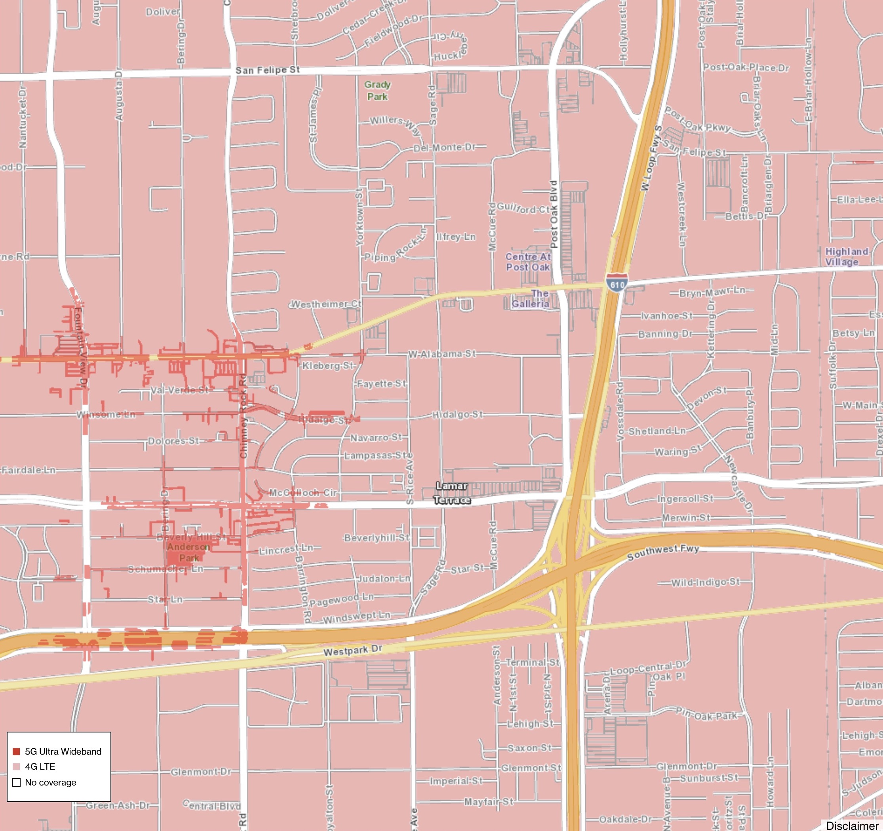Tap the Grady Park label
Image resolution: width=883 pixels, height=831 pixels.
pyautogui.click(x=377, y=91)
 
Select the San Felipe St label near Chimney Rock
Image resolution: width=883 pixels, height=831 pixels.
pyautogui.click(x=267, y=70)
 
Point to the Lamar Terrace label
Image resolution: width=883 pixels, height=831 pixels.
pyautogui.click(x=452, y=493)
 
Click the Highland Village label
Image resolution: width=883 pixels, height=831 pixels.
pyautogui.click(x=847, y=256)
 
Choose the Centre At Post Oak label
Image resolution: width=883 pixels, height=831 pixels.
pyautogui.click(x=528, y=262)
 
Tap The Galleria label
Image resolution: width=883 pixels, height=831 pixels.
pyautogui.click(x=530, y=299)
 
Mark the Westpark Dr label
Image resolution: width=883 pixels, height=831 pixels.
pyautogui.click(x=353, y=651)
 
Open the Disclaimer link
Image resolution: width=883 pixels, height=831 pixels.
pyautogui.click(x=851, y=825)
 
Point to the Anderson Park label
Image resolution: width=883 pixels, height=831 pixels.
pyautogui.click(x=189, y=552)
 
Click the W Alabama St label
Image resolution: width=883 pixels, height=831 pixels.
pyautogui.click(x=442, y=354)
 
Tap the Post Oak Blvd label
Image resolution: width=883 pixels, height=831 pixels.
pyautogui.click(x=554, y=214)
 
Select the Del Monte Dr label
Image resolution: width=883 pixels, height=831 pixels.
pyautogui.click(x=444, y=147)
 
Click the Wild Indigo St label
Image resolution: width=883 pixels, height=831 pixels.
pyautogui.click(x=705, y=582)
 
